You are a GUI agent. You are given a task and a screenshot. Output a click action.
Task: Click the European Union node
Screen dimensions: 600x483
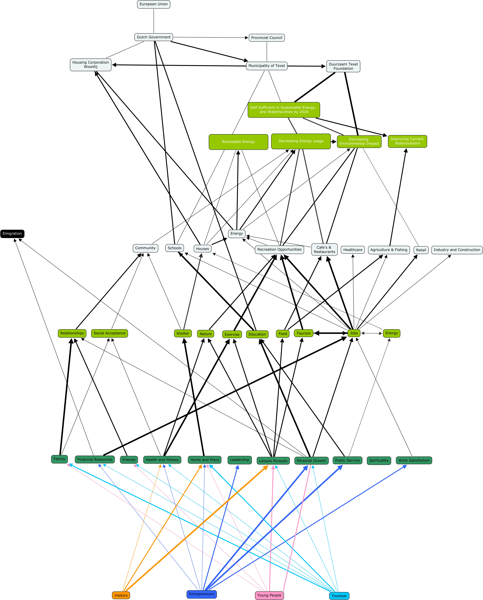pos(154,4)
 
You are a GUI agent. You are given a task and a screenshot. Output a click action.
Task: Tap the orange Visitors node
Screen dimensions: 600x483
pos(121,595)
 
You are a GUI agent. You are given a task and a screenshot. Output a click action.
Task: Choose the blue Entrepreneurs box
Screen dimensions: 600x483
pos(202,594)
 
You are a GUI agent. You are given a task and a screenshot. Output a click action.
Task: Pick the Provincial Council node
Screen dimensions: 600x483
pos(267,38)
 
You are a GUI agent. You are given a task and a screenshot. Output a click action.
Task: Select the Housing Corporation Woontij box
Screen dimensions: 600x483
pos(91,65)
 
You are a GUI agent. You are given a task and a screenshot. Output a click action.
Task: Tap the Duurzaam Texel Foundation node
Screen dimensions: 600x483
pos(343,66)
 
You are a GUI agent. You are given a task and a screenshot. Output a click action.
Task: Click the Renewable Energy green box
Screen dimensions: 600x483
pos(238,142)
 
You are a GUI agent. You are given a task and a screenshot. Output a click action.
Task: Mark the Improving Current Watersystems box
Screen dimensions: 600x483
pos(407,141)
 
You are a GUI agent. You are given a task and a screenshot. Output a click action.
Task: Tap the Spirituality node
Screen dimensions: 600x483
pos(379,460)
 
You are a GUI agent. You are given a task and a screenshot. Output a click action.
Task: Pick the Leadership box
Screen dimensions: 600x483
pos(240,460)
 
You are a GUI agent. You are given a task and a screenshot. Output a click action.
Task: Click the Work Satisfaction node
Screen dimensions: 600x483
pos(414,460)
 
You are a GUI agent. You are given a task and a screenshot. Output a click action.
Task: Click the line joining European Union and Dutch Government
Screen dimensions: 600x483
pos(154,21)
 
